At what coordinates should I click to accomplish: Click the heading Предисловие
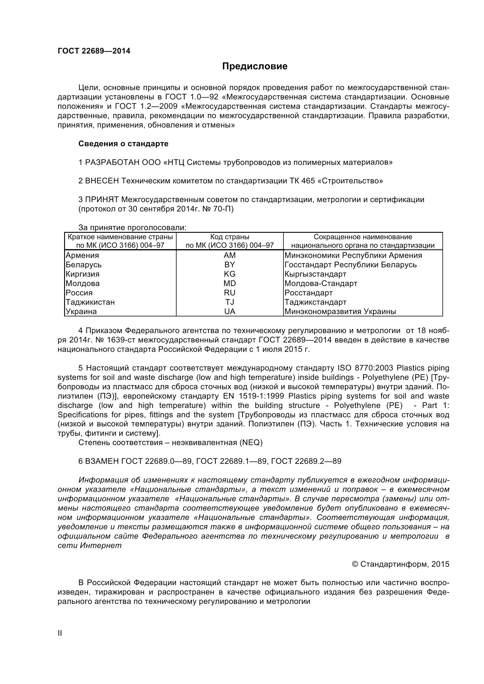tap(255, 66)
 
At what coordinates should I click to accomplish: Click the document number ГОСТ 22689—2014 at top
tap(94, 51)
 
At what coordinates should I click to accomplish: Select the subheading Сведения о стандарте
tap(123, 144)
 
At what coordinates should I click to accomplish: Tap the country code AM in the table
tap(229, 255)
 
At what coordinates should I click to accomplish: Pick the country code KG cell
tap(229, 274)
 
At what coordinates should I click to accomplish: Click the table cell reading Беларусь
tap(83, 265)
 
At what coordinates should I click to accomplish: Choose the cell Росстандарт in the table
tap(308, 293)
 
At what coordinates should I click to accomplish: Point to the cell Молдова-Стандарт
tap(321, 283)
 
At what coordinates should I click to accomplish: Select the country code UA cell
tap(229, 312)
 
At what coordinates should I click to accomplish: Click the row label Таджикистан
tap(90, 302)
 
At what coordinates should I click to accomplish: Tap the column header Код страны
tap(229, 237)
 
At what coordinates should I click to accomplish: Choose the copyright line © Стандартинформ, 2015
tap(401, 564)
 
